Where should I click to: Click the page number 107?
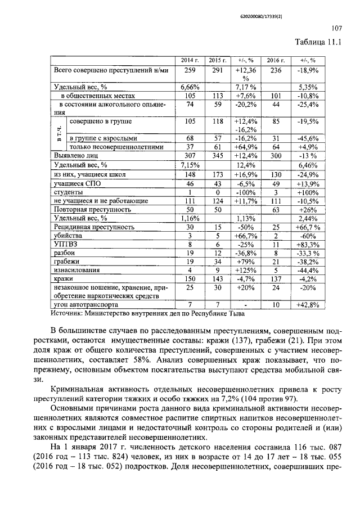(x=336, y=29)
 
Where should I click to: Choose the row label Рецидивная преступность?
(x=93, y=227)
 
